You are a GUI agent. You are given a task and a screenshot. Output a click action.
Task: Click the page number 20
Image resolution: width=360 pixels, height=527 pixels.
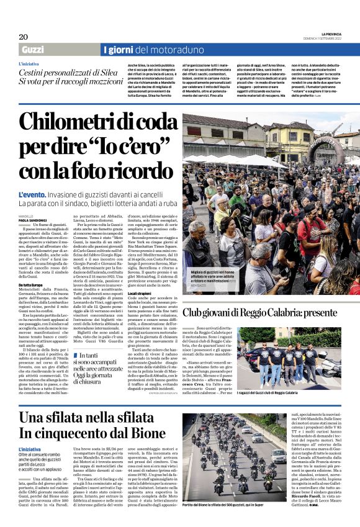point(24,37)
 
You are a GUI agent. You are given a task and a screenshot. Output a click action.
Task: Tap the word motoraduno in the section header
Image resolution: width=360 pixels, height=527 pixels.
point(177,50)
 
